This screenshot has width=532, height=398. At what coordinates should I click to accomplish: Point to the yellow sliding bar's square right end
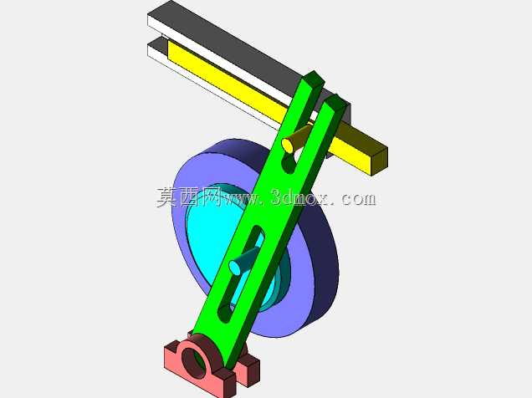[379, 161]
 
